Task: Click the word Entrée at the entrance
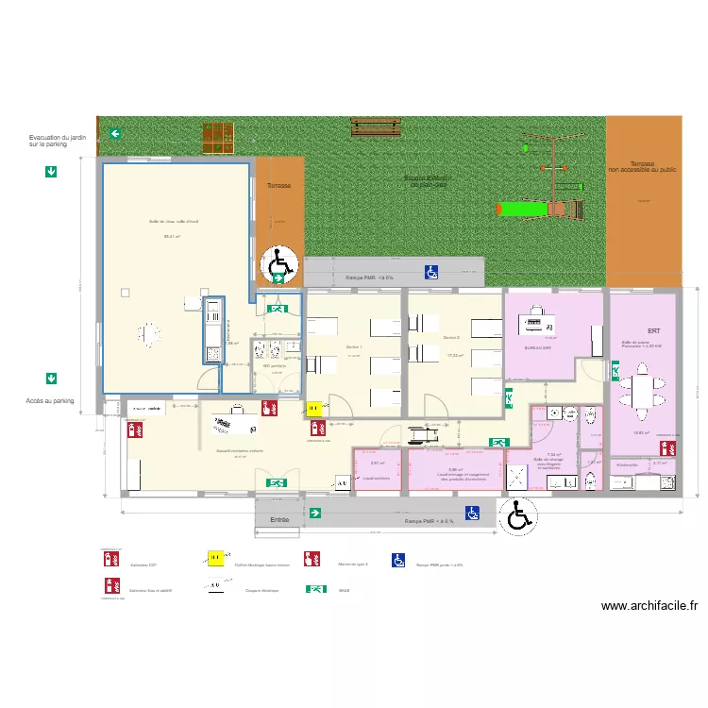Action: point(278,520)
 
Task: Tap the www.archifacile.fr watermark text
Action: point(649,607)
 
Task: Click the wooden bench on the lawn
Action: point(377,126)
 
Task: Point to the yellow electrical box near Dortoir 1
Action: point(312,409)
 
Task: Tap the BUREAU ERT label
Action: point(537,348)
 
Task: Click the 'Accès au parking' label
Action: point(50,400)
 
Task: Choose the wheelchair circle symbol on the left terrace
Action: point(279,265)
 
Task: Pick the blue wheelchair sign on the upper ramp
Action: point(430,272)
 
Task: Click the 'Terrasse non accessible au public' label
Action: point(642,167)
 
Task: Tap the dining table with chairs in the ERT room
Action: point(641,391)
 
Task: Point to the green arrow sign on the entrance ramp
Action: point(315,514)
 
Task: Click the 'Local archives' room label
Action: point(376,478)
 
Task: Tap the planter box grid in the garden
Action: point(221,139)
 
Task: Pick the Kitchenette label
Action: point(627,464)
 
